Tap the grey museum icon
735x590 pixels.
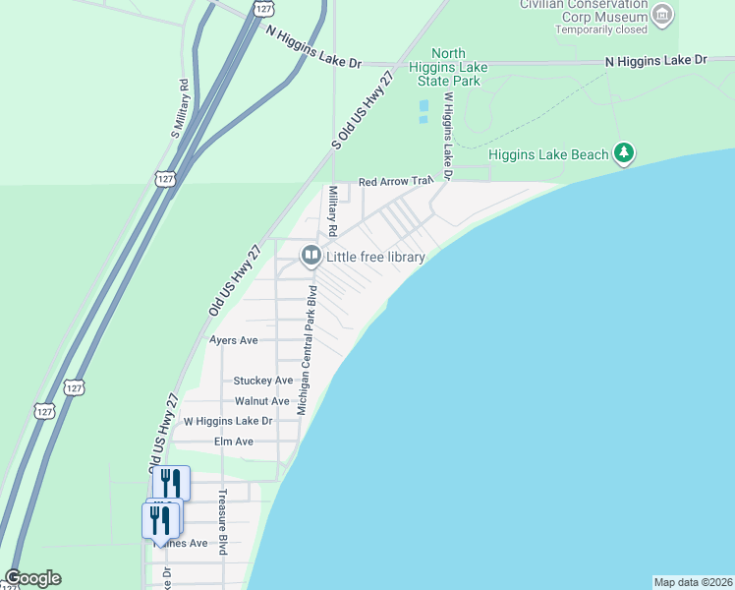tap(662, 14)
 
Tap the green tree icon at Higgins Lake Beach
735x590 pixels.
tap(623, 153)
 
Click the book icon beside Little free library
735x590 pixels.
tap(311, 257)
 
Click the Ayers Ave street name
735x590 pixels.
tap(234, 340)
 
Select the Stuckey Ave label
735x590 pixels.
tap(262, 381)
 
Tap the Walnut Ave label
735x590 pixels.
tap(262, 401)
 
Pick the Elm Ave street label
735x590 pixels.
tap(234, 442)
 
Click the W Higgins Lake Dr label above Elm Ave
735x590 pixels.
tap(227, 422)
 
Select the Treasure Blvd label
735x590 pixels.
tap(223, 521)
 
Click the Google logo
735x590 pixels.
tap(32, 579)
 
